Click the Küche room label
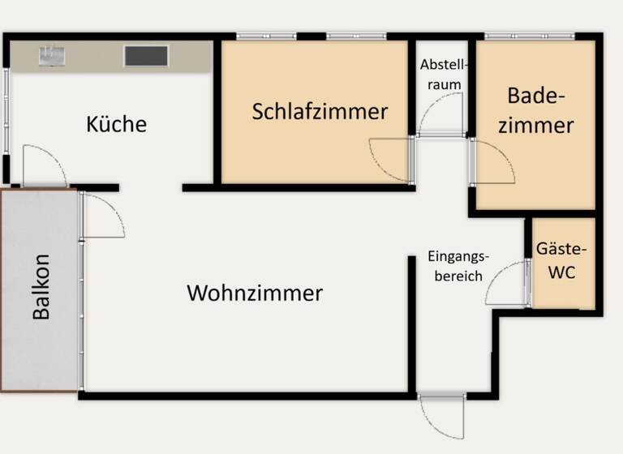coord(117,124)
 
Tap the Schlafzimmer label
coord(320,111)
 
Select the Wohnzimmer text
coord(255,293)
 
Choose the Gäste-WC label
coord(561,261)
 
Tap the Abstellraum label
coord(440,75)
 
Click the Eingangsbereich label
coord(458,266)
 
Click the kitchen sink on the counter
coord(52,55)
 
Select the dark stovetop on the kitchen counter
coord(146,55)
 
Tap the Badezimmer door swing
coord(491,162)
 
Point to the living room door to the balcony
coord(101,215)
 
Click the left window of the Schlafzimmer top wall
coord(259,36)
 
